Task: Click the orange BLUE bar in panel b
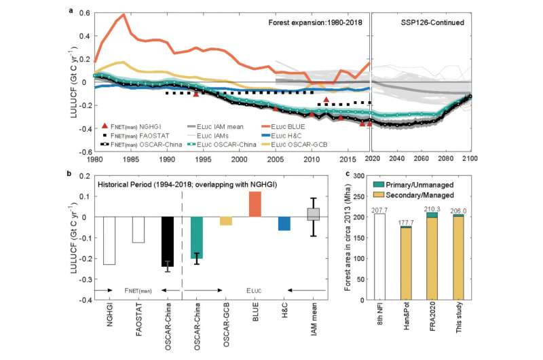coord(255,204)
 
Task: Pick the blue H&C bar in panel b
coord(284,223)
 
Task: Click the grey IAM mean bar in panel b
coord(314,215)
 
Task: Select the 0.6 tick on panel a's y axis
coord(83,13)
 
